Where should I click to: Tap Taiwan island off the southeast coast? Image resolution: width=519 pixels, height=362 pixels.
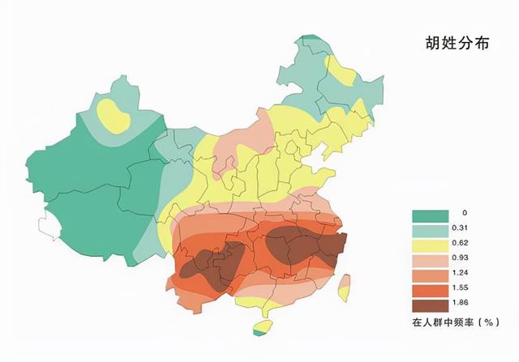pos(344,285)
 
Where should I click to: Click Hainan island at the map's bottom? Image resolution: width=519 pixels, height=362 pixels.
pos(261,328)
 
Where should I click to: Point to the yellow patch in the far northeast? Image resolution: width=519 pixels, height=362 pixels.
pos(345,75)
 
